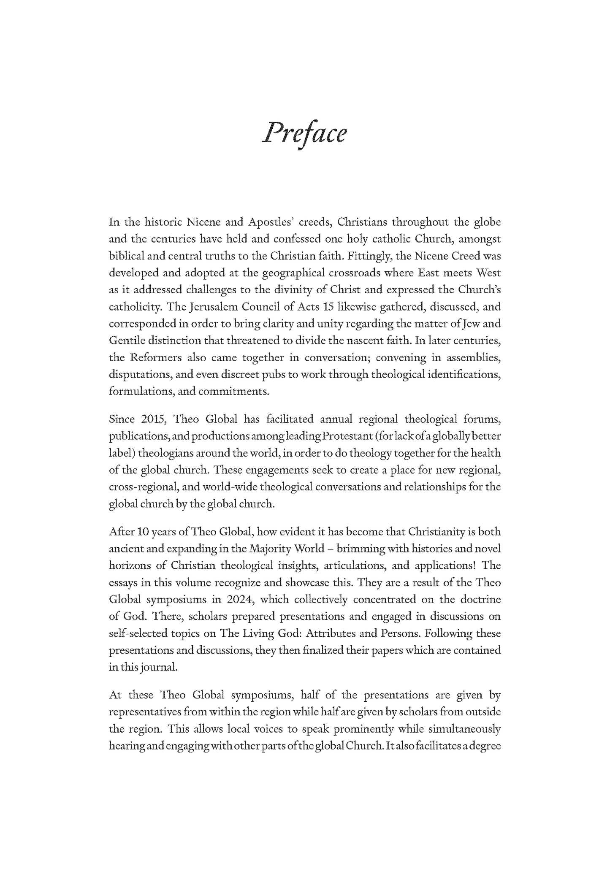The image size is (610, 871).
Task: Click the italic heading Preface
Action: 304,133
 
